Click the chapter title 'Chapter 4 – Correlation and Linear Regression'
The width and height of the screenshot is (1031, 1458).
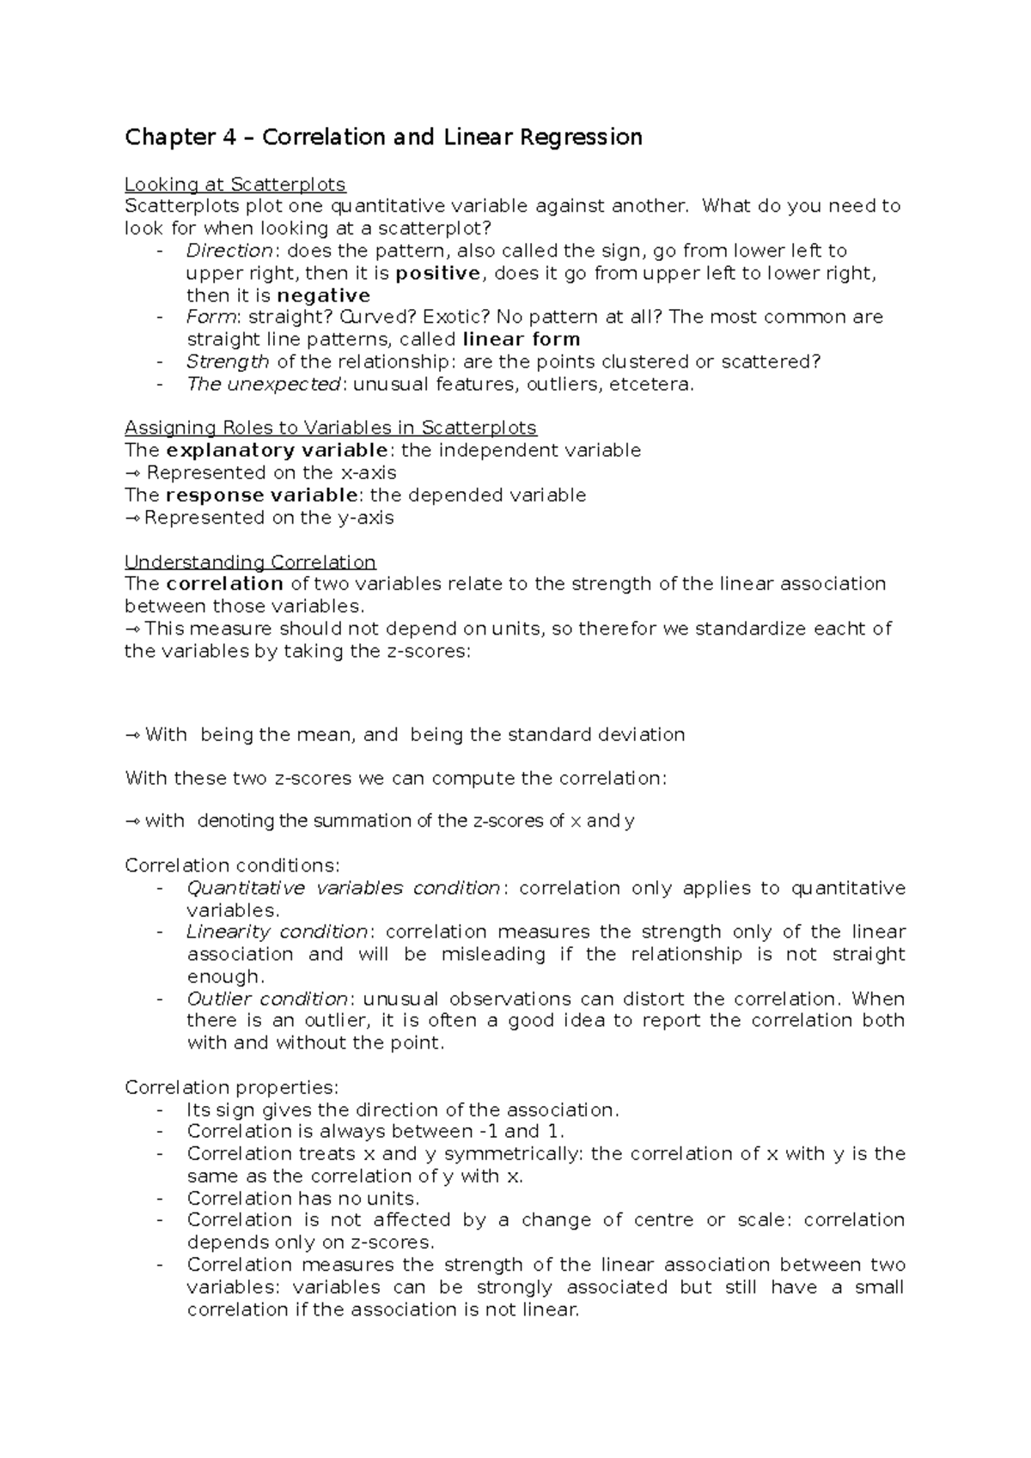coord(383,137)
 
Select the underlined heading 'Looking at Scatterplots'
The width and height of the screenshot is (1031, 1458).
coord(235,185)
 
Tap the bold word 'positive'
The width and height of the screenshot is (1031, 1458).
coord(438,274)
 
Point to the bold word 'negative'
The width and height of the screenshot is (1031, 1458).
coord(324,296)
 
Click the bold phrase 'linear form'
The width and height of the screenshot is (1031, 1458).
coord(521,339)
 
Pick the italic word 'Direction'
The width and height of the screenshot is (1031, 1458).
coord(229,252)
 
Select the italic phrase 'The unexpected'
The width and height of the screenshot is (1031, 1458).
coord(264,385)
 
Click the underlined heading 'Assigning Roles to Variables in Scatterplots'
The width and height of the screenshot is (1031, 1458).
coord(330,428)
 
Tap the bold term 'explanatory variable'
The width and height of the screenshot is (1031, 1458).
coord(277,451)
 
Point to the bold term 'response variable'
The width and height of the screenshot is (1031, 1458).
coord(262,495)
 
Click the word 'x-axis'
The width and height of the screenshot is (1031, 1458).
coord(367,473)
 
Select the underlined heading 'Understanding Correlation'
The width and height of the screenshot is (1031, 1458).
coord(250,562)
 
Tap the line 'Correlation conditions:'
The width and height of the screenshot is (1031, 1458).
coord(232,866)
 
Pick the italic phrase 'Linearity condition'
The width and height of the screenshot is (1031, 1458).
coord(277,932)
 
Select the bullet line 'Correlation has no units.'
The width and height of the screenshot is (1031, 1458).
coord(302,1199)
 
